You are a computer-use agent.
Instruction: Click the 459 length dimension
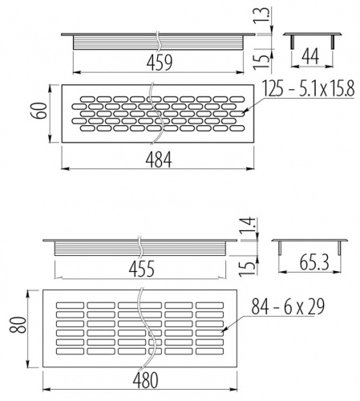coord(160,63)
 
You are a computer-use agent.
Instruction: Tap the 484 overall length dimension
coord(159,160)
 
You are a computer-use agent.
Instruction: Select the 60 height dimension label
coord(39,111)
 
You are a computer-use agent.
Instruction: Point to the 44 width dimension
coord(310,56)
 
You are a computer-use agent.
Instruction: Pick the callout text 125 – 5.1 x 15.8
coord(309,88)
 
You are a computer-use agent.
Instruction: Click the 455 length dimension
coord(142,269)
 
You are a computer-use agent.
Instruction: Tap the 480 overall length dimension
coord(146,380)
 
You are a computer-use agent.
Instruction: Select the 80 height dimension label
coord(18,325)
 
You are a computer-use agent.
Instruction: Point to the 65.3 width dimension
coord(314,262)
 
